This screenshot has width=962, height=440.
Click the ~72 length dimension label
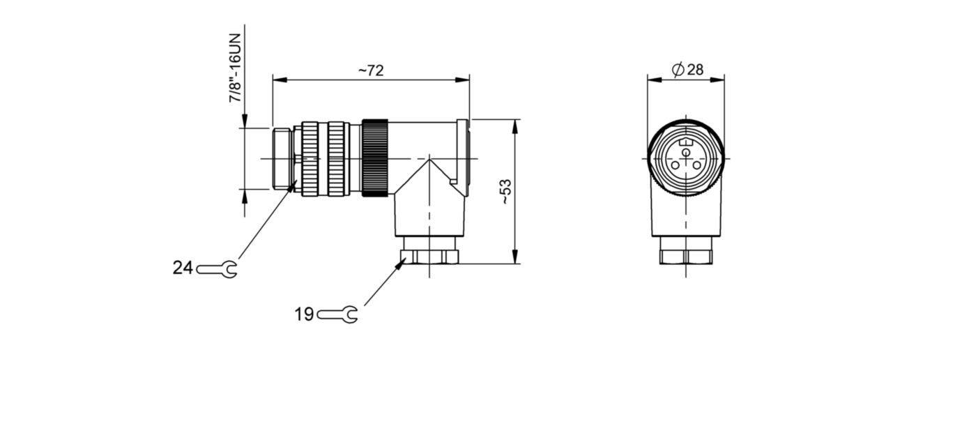click(371, 70)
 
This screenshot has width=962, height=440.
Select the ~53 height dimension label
click(506, 192)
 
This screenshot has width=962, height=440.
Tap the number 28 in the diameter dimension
click(695, 70)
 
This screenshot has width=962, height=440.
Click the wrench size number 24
click(183, 268)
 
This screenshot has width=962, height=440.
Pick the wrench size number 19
click(304, 314)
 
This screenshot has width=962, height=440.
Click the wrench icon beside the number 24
click(217, 269)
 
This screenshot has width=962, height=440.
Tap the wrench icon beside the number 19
click(337, 315)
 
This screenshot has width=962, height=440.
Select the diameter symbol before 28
click(678, 70)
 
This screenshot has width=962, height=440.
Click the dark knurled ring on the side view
click(375, 158)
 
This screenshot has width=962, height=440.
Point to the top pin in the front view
click(686, 152)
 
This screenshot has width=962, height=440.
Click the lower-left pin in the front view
click(675, 165)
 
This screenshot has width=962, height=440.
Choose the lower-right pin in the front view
click(696, 165)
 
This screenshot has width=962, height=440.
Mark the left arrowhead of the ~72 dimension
click(280, 80)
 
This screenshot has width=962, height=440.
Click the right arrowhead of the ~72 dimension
click(462, 80)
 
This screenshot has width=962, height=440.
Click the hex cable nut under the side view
click(429, 256)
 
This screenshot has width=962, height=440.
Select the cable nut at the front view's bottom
click(686, 256)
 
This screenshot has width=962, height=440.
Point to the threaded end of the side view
click(282, 158)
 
